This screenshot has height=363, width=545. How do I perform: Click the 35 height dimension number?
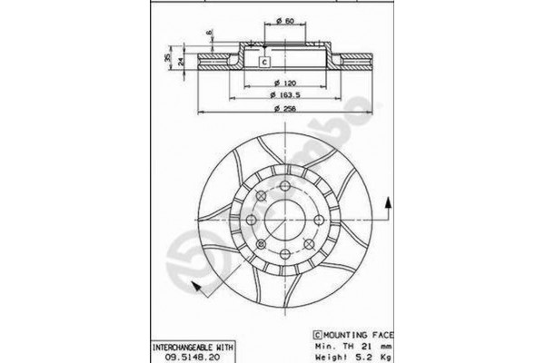coord(167,58)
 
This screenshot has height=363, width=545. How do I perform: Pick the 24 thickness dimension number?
coord(180,62)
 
